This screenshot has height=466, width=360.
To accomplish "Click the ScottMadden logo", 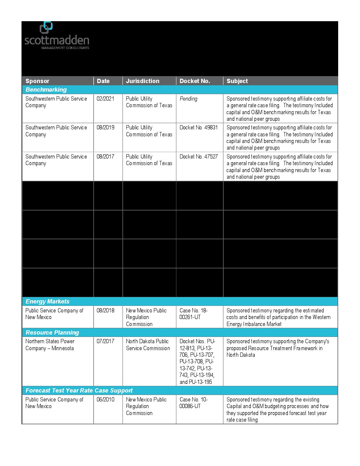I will (57, 36).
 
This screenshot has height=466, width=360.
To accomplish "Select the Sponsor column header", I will (37, 81).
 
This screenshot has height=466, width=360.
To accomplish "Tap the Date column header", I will (103, 81).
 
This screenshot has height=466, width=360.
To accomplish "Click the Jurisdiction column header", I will (143, 81).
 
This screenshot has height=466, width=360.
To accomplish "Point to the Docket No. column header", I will (195, 81).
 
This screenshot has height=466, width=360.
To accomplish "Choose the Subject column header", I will (237, 81).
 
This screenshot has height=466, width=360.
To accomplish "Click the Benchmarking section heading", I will (46, 90).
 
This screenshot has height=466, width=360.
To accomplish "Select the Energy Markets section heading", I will (48, 302).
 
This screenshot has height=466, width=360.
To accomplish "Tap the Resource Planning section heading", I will (52, 333).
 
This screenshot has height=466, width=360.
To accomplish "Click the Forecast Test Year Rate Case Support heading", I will (79, 391).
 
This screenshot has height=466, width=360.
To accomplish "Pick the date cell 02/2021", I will (105, 99).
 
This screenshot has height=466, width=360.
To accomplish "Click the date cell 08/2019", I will (105, 127).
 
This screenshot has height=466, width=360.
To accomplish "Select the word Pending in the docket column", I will (188, 99).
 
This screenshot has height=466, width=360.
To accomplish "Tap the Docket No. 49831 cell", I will (199, 127).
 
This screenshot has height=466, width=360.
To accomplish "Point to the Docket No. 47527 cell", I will (199, 157).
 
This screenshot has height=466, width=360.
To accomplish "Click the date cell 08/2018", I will (105, 310).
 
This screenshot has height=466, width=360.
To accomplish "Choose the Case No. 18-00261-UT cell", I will (194, 314).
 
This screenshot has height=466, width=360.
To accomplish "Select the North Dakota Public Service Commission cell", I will (148, 345).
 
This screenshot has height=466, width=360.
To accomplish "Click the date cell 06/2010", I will (105, 399).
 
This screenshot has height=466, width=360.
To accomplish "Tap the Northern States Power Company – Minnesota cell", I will (50, 345).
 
